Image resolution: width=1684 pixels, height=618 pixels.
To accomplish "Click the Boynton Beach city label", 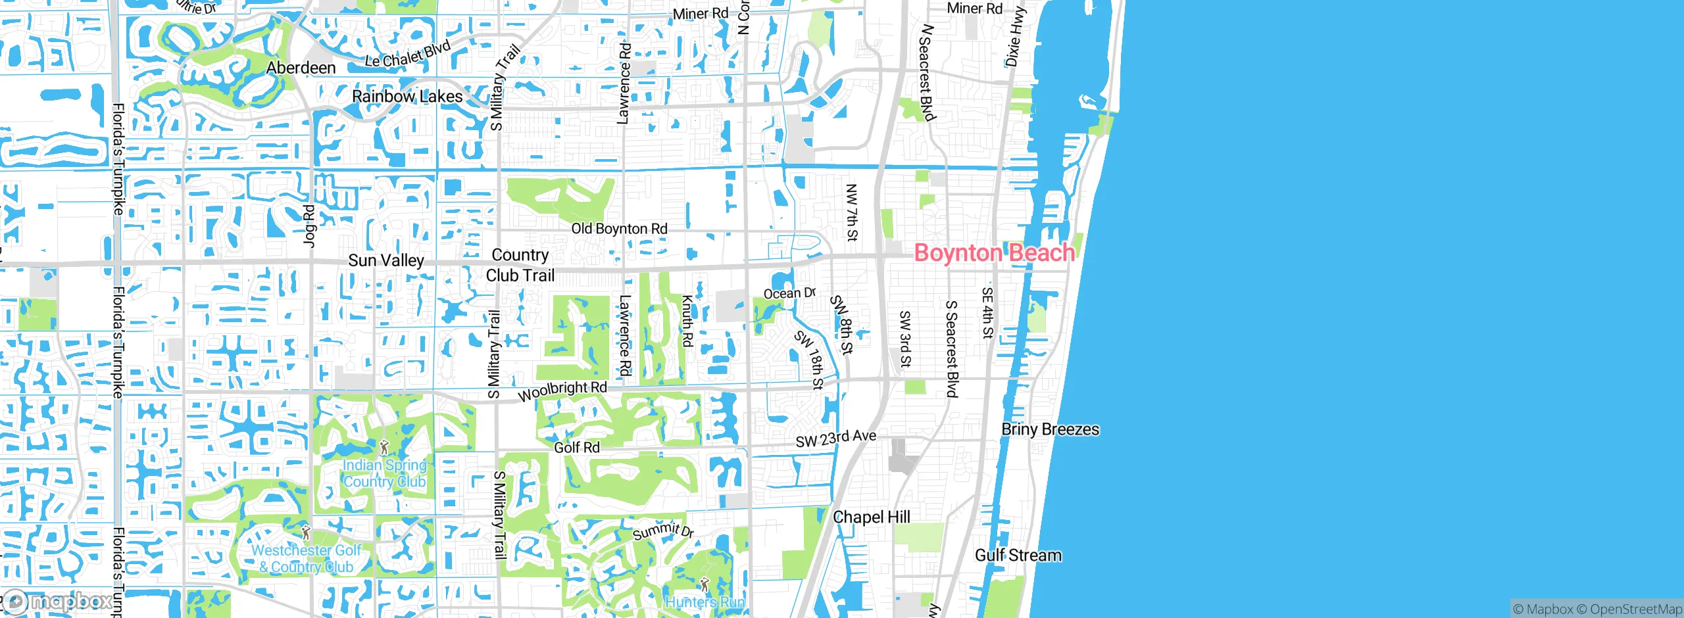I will tap(994, 253).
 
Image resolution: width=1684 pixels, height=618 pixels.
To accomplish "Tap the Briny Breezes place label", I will tap(1050, 429).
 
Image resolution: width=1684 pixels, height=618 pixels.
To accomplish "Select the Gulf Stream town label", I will tap(1018, 556).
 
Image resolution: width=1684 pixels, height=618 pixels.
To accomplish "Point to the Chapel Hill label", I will tap(872, 517).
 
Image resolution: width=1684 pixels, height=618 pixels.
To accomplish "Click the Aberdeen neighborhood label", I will tap(301, 68).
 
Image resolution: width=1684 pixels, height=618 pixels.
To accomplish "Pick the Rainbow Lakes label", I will tap(407, 97).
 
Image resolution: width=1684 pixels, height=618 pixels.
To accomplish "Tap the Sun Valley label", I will tap(386, 260).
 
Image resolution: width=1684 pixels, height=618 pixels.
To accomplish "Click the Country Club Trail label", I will tap(520, 265).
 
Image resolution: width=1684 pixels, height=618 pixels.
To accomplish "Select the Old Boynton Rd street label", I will tap(619, 229).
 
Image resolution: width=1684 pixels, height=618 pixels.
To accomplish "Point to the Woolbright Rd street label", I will tap(562, 391).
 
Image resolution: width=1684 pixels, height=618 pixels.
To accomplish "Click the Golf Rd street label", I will tap(576, 448).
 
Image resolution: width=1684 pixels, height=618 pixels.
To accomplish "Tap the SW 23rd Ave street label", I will tap(835, 439).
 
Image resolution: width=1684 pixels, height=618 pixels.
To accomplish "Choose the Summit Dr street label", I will tap(663, 531).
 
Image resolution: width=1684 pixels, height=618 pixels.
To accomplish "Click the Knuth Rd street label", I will tap(687, 321).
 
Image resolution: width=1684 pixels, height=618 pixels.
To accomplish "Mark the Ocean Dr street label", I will tap(789, 293).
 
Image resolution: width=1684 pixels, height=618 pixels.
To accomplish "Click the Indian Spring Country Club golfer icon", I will tap(385, 448).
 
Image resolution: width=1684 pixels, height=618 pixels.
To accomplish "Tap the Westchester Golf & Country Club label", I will tap(307, 558).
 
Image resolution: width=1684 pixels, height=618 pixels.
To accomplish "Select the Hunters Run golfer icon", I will tap(705, 584).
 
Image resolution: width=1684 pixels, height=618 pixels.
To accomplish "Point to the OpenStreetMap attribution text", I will tap(1635, 609).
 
